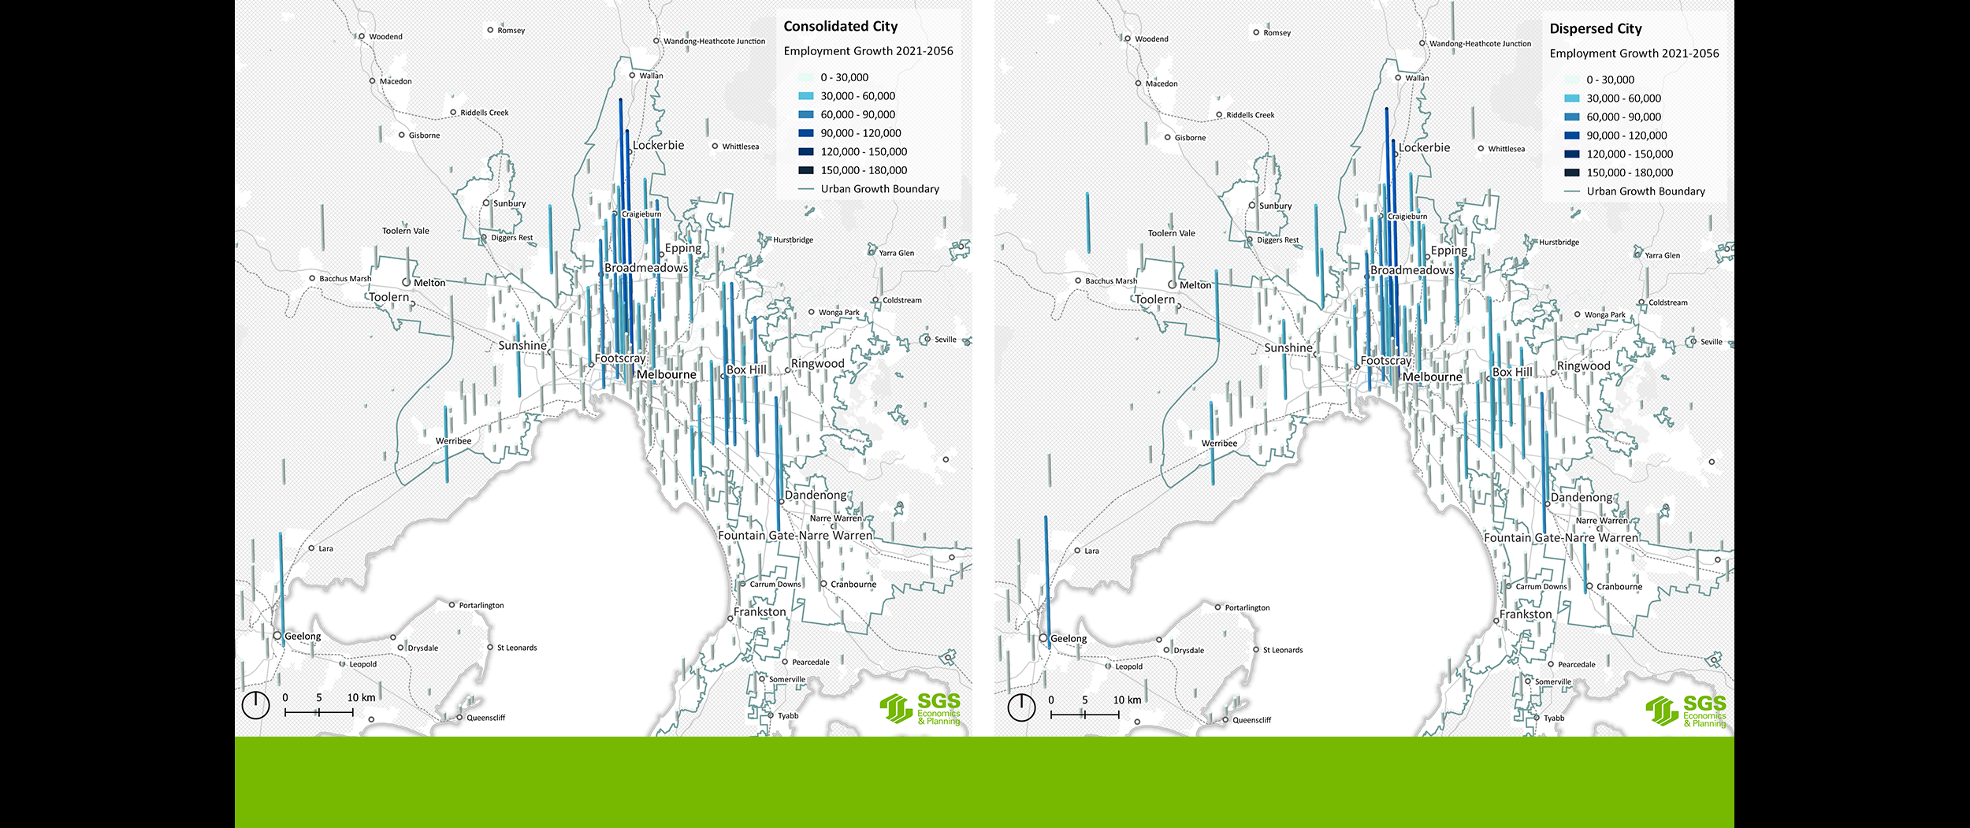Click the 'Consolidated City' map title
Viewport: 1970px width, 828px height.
point(840,27)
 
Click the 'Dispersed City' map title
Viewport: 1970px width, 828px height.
point(1595,29)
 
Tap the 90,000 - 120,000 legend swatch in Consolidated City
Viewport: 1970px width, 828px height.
point(805,133)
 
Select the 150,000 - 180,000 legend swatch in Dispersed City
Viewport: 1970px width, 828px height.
point(1571,173)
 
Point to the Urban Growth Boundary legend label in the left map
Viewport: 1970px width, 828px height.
point(879,189)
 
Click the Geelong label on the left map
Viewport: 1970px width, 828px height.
point(303,637)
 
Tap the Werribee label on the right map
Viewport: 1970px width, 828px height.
point(1219,444)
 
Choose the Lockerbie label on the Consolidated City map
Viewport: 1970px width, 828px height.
point(658,146)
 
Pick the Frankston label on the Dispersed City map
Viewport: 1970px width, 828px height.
point(1526,615)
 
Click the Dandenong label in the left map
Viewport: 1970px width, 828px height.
point(816,496)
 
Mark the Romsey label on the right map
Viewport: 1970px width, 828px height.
point(1277,33)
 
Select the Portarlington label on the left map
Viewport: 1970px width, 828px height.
point(481,606)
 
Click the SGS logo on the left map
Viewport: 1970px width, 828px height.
point(920,709)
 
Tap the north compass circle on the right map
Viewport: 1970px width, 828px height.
point(1021,707)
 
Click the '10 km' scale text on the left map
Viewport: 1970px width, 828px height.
point(361,698)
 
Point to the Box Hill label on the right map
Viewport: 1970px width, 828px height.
point(1512,373)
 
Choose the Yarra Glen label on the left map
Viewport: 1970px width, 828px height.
point(896,254)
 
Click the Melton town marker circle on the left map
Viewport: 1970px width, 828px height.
point(407,282)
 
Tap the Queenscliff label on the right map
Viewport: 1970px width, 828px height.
point(1251,720)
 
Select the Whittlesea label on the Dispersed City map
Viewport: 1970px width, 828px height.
point(1506,149)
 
